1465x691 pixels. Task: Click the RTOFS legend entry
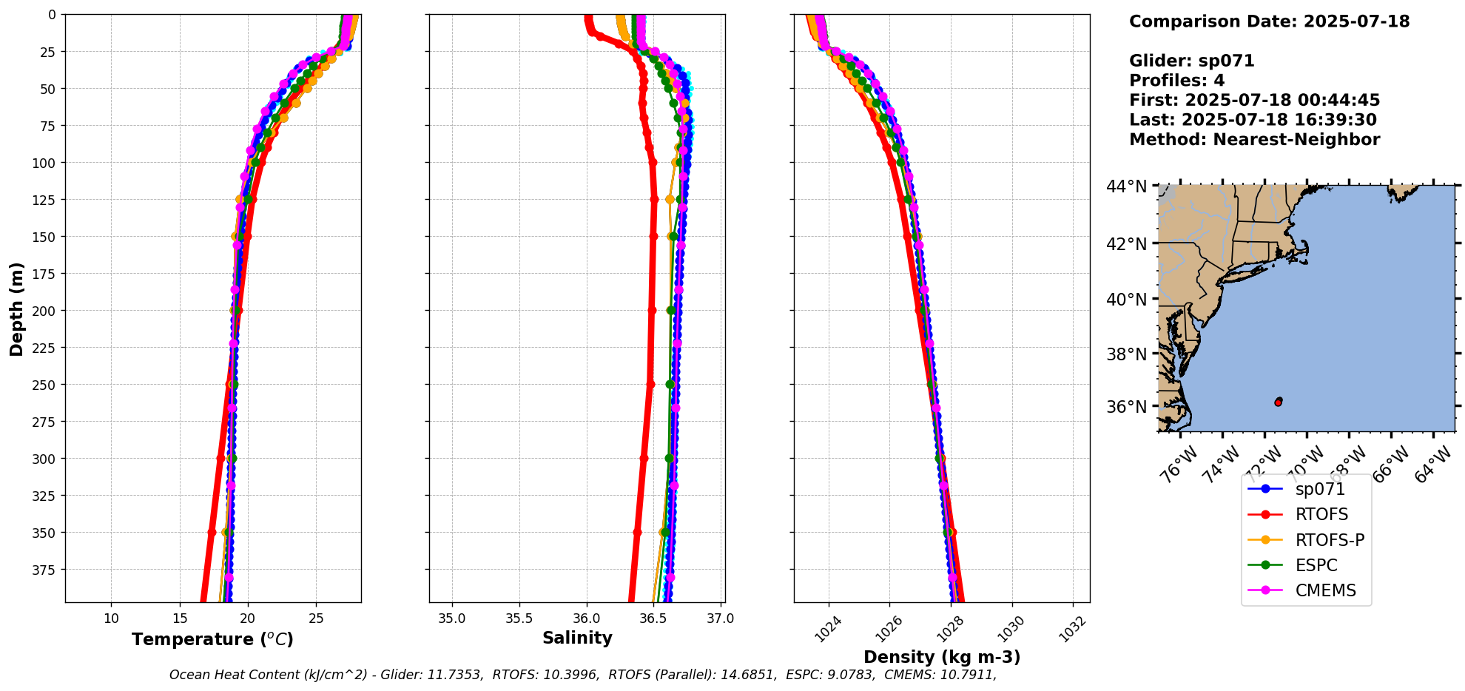point(1321,514)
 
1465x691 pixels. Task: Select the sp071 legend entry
point(1320,489)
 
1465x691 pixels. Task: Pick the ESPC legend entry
point(1316,565)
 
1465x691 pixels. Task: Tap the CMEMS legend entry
point(1325,590)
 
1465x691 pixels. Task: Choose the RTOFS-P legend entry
point(1330,540)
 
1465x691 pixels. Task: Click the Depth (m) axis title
point(16,309)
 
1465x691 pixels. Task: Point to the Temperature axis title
point(212,639)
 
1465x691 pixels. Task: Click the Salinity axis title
point(577,638)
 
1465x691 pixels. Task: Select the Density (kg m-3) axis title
point(942,657)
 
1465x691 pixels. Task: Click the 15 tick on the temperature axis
point(180,618)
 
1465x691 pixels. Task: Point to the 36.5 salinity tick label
point(654,618)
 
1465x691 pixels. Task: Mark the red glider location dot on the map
point(1279,402)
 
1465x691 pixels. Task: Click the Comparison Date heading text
point(1269,21)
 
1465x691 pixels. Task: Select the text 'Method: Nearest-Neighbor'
point(1254,140)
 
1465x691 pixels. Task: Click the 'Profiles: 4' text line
point(1176,81)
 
